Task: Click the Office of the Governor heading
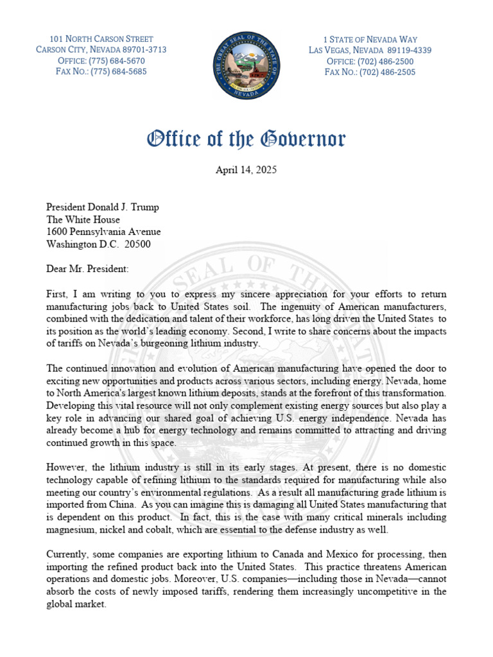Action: point(246,139)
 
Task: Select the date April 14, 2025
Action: point(246,171)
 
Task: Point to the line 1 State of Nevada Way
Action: point(370,39)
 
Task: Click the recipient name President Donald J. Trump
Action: point(103,207)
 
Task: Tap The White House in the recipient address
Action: point(83,219)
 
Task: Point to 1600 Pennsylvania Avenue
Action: point(103,232)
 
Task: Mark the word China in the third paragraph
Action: point(128,504)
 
